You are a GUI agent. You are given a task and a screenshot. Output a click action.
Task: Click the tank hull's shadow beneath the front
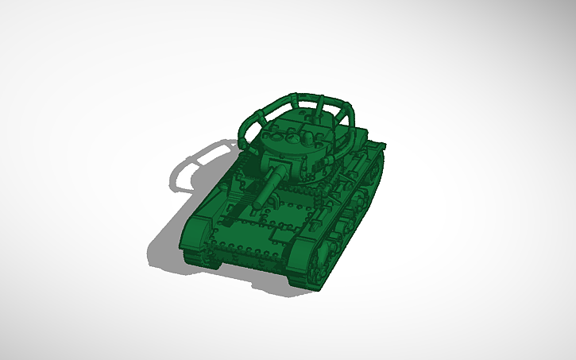[171, 254]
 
